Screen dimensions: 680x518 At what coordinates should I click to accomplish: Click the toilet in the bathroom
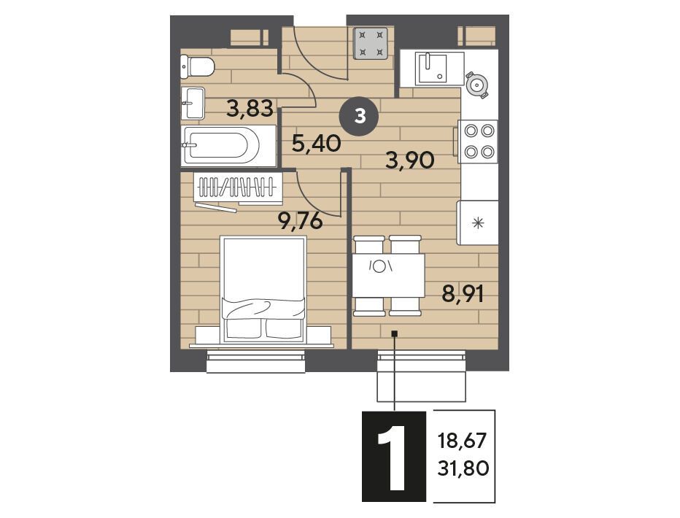pos(197,66)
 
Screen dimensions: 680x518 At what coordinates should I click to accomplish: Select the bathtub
pos(229,145)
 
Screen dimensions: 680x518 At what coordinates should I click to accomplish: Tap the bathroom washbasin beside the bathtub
pos(193,103)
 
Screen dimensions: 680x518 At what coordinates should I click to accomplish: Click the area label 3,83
pos(250,109)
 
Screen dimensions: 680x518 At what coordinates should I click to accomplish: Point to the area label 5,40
pos(316,143)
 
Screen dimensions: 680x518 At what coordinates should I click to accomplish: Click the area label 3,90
pos(410,161)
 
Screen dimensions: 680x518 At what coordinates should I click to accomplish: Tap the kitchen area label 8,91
pos(463,293)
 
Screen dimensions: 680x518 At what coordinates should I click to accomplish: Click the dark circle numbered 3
pos(360,116)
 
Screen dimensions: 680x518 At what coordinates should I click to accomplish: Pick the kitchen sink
pos(439,69)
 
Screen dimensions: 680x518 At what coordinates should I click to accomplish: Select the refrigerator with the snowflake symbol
pos(477,223)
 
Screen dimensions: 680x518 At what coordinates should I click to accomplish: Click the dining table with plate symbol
pos(388,275)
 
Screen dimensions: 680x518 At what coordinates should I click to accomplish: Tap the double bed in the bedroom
pos(263,290)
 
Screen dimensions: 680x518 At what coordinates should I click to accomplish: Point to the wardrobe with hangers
pos(237,188)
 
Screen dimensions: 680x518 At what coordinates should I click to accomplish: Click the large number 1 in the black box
pos(394,456)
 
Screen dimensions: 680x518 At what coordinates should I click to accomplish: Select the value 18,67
pos(463,441)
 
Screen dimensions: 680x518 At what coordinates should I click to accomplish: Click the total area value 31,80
pos(463,468)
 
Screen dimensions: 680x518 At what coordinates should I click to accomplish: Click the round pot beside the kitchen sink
pos(476,84)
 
